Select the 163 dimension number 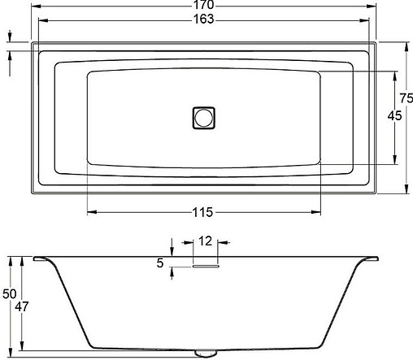pos(204,20)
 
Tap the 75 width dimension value pos(399,98)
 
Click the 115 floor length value pos(202,213)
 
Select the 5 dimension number pos(159,263)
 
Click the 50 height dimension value pos(9,294)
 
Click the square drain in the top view pos(203,117)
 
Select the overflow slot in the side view pos(205,263)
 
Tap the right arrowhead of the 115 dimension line pos(321,213)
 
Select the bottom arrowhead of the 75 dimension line pos(404,191)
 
